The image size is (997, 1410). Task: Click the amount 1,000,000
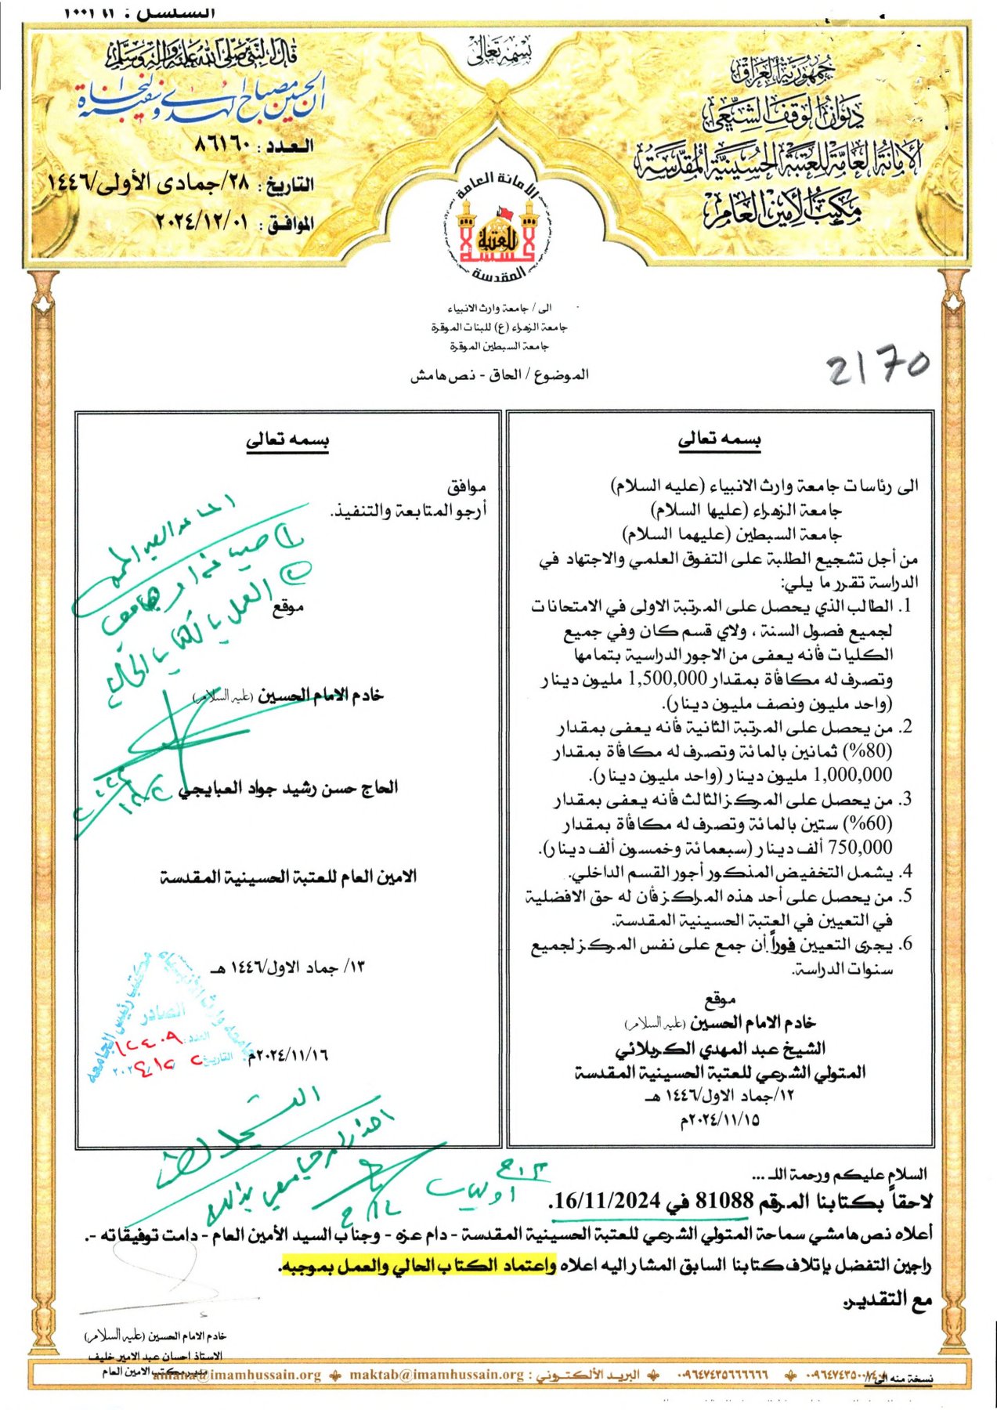click(853, 775)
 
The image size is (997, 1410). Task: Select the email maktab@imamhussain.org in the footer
click(437, 1375)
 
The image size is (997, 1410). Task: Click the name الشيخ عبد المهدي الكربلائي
click(720, 1048)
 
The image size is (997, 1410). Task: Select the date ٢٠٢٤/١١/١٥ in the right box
click(720, 1119)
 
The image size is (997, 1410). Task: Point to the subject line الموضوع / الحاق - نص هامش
click(499, 375)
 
